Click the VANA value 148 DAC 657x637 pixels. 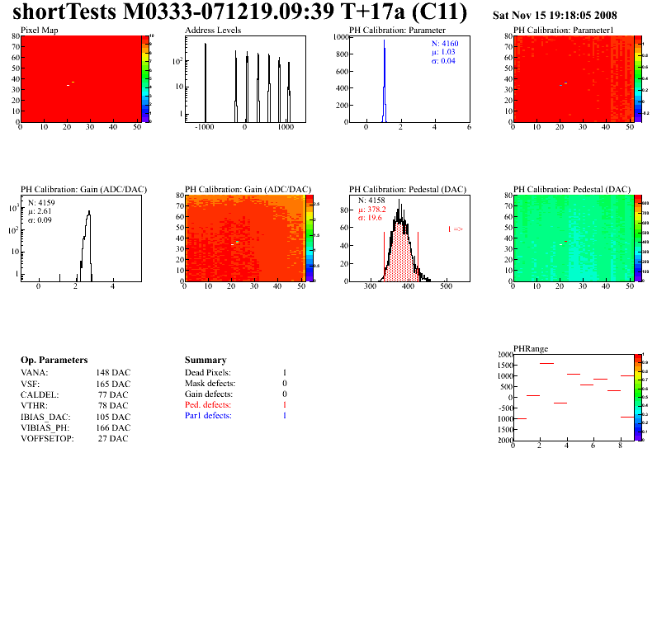[112, 373]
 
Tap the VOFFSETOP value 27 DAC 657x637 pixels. [112, 438]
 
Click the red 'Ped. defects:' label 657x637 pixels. [209, 405]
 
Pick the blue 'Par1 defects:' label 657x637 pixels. [208, 416]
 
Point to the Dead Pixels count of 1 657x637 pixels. [285, 373]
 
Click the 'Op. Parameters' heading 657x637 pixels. [54, 361]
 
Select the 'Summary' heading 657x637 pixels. [206, 361]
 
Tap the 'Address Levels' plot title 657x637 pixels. [213, 31]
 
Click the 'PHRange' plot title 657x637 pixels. [530, 349]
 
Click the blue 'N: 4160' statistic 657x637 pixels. [444, 43]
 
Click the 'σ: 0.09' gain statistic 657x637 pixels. [41, 219]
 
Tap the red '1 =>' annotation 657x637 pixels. [455, 229]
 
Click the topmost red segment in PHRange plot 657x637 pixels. [546, 363]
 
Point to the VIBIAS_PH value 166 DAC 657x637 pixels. [112, 427]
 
